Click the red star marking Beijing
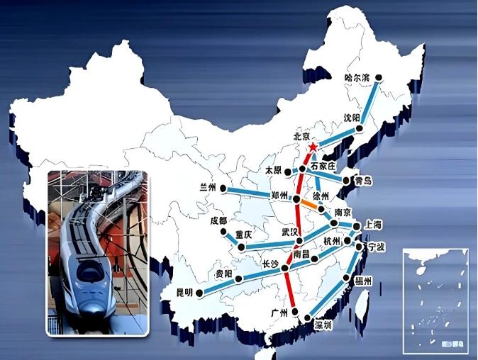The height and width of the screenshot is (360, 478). [x=313, y=146]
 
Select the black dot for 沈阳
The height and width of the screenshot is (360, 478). [x=360, y=129]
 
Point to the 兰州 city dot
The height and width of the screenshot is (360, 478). [x=223, y=189]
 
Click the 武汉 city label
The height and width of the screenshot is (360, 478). [x=291, y=232]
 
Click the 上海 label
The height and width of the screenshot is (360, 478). [x=373, y=225]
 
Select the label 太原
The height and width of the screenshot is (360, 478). [x=274, y=171]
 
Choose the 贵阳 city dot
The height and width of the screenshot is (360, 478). [x=239, y=279]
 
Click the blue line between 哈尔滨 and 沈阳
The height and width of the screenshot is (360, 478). [x=369, y=103]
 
